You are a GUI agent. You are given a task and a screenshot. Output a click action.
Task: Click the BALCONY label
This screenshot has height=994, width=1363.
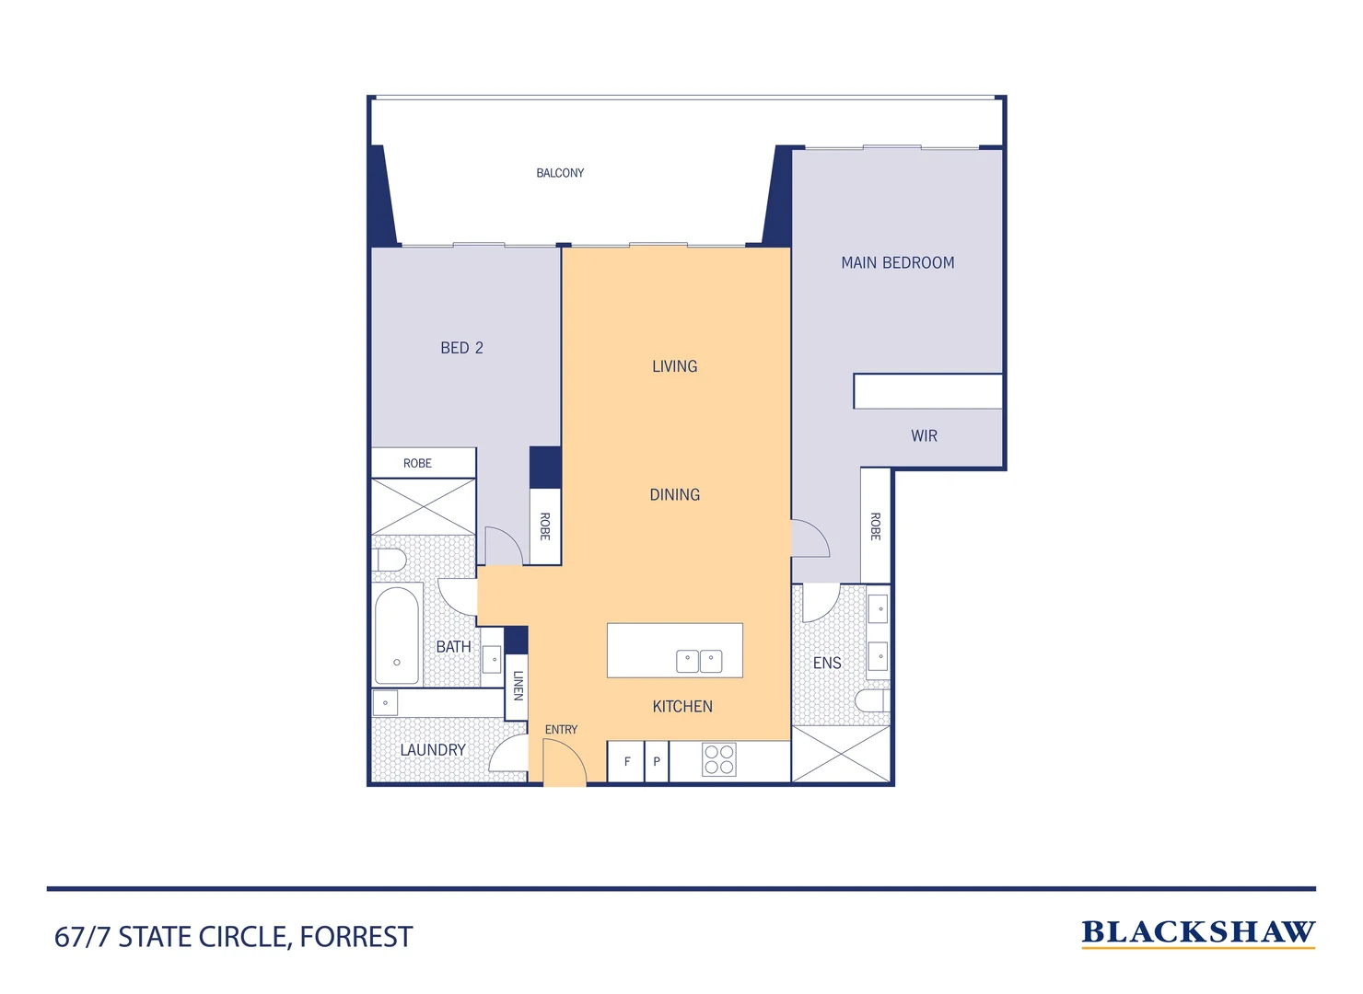click(x=560, y=173)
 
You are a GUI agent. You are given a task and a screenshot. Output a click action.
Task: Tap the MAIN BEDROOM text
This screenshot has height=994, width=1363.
click(x=897, y=262)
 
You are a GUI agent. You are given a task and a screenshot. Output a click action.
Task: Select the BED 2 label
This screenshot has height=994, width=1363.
click(x=461, y=348)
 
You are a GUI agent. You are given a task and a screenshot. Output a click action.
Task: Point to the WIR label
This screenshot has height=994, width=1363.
click(x=924, y=436)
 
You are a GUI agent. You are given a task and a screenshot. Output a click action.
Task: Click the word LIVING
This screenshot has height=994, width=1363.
click(x=674, y=366)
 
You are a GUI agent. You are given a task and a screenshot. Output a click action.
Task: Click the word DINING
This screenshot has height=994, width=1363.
click(x=674, y=495)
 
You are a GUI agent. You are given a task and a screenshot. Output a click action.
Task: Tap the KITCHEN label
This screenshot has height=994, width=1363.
click(x=681, y=707)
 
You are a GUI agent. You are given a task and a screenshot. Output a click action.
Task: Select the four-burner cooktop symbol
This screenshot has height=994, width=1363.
click(x=719, y=760)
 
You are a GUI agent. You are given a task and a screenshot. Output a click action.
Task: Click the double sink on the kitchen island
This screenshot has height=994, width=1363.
click(x=699, y=661)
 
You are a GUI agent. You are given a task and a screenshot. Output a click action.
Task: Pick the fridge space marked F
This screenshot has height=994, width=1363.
click(x=626, y=762)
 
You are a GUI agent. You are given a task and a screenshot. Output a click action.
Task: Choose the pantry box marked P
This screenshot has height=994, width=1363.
click(x=657, y=762)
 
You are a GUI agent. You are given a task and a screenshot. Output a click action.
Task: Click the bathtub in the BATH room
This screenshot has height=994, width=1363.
click(x=397, y=635)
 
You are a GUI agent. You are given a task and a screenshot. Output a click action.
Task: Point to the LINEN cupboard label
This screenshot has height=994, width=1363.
click(x=518, y=686)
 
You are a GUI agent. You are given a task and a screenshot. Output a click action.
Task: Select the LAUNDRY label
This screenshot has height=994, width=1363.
click(x=432, y=750)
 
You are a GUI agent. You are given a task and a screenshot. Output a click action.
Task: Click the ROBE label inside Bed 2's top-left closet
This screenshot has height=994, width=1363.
click(x=417, y=463)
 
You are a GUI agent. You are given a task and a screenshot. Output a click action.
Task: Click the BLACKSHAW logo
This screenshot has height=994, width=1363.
click(x=1197, y=932)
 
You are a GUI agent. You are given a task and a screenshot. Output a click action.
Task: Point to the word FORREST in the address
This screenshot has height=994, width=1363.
click(x=356, y=937)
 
